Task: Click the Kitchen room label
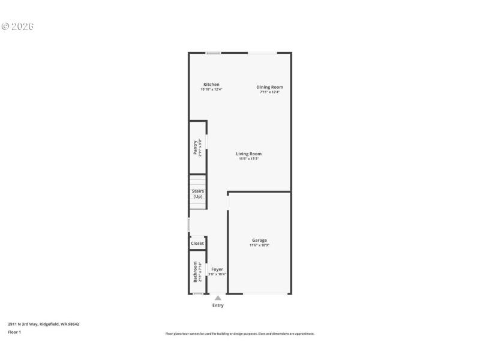tap(211, 85)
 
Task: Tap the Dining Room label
tap(271, 87)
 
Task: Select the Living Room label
tap(248, 154)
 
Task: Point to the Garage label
tap(259, 240)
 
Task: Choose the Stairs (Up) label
tap(198, 194)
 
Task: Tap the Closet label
tap(197, 244)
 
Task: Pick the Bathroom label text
tap(196, 272)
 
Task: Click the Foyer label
tap(217, 269)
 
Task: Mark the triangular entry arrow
tap(218, 298)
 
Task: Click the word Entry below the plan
tap(218, 305)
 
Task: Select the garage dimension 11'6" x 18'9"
tap(259, 245)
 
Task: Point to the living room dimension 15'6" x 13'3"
tap(248, 159)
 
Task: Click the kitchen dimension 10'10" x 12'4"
tap(211, 90)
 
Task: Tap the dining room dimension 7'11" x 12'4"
tap(271, 92)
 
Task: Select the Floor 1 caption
tap(14, 332)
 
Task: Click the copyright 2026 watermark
tap(17, 26)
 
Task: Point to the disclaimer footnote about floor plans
tap(240, 334)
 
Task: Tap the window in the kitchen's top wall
tap(213, 53)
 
